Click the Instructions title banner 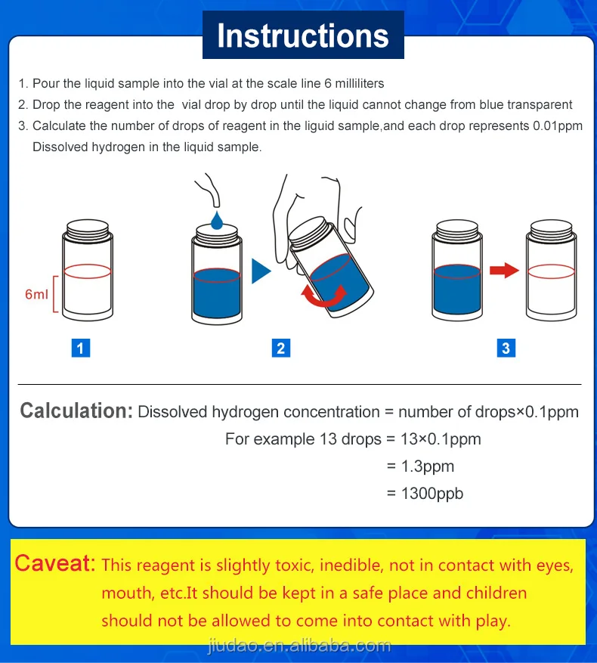[303, 35]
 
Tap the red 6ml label [36, 294]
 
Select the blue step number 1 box [81, 348]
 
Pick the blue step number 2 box [281, 348]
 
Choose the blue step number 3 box [506, 348]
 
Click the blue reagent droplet [217, 221]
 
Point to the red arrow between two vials [504, 270]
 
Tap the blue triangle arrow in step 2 [261, 271]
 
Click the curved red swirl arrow [324, 296]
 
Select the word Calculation [76, 411]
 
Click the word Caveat [55, 564]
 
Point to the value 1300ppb [432, 494]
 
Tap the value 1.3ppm [428, 466]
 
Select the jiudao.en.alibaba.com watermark [299, 646]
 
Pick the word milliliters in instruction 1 [360, 83]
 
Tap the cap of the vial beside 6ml [88, 227]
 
